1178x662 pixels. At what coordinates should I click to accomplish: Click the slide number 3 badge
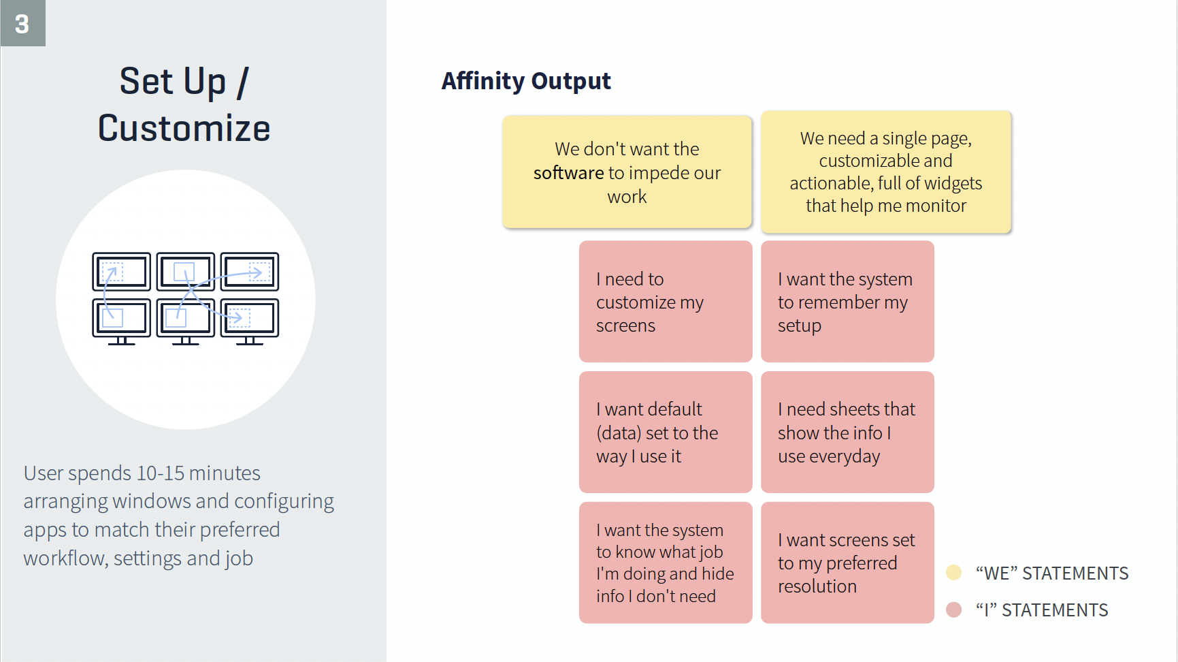(22, 23)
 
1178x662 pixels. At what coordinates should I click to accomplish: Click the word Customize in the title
(184, 128)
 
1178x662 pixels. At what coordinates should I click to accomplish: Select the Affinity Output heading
(526, 81)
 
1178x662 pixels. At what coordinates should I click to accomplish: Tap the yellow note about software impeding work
(627, 172)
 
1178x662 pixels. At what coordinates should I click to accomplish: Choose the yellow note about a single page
(886, 172)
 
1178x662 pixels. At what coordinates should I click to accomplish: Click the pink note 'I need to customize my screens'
(666, 301)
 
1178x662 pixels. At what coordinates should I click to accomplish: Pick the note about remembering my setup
(847, 301)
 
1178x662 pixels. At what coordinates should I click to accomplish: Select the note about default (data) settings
(666, 432)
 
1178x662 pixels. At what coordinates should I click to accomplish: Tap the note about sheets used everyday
(847, 432)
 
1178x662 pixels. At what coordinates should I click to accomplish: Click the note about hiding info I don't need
(666, 563)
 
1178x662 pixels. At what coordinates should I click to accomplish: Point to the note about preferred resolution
(847, 563)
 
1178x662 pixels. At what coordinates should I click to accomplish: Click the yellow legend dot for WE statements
(954, 572)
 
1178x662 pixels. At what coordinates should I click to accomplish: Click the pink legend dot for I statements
(954, 610)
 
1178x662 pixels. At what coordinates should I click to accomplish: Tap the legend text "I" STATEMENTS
(1042, 610)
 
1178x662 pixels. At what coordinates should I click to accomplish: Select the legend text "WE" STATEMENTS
(1052, 573)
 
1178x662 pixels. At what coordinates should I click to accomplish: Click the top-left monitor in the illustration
(121, 272)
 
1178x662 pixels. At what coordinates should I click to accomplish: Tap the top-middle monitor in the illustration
(185, 272)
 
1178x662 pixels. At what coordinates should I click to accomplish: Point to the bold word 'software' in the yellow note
(569, 173)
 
